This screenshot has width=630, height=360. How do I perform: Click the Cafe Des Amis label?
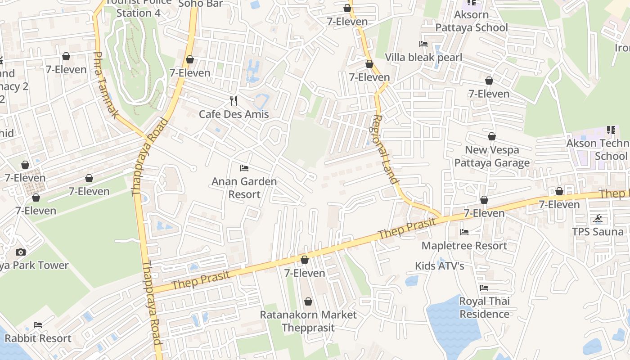(x=234, y=114)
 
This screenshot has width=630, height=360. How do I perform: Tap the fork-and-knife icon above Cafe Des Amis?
(x=233, y=100)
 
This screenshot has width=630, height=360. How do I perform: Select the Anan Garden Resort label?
(x=244, y=188)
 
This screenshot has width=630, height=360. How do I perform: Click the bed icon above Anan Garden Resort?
(x=244, y=168)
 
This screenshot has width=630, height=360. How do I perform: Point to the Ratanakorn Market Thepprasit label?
(x=308, y=321)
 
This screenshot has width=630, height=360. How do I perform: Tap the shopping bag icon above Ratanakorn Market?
(x=308, y=301)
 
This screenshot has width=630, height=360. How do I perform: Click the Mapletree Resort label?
(x=464, y=246)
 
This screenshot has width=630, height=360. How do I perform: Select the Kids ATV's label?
(x=439, y=266)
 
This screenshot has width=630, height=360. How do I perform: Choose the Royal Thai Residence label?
(x=484, y=307)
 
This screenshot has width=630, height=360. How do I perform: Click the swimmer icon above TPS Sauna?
(x=598, y=219)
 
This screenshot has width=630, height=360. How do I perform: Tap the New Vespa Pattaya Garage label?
(x=492, y=156)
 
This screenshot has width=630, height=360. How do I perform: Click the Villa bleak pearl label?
(x=423, y=58)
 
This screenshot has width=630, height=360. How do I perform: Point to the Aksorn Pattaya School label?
(x=471, y=21)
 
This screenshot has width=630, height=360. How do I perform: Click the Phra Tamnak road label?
(x=105, y=85)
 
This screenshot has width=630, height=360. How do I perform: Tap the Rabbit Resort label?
(x=38, y=338)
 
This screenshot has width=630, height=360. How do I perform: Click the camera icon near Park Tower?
(x=20, y=252)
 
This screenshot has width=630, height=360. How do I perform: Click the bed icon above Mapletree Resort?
(x=464, y=232)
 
